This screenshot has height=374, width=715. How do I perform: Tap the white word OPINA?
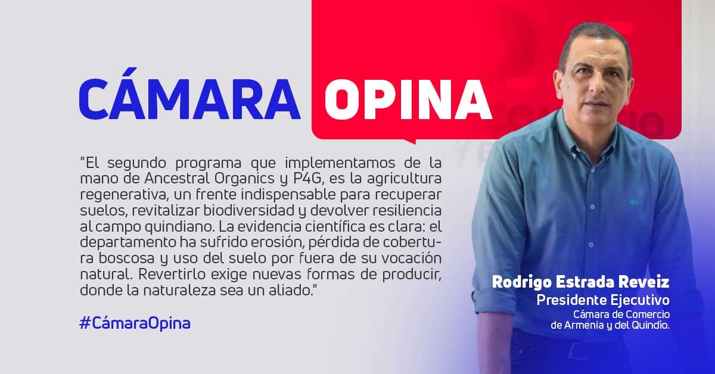408,99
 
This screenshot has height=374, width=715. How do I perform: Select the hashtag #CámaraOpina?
135,323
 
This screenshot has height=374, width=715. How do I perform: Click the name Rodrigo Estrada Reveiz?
580,282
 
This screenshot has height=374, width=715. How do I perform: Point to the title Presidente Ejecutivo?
603,300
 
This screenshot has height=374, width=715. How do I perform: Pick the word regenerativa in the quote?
123,195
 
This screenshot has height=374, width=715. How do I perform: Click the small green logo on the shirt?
633,202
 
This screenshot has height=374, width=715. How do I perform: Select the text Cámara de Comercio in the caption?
621,314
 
